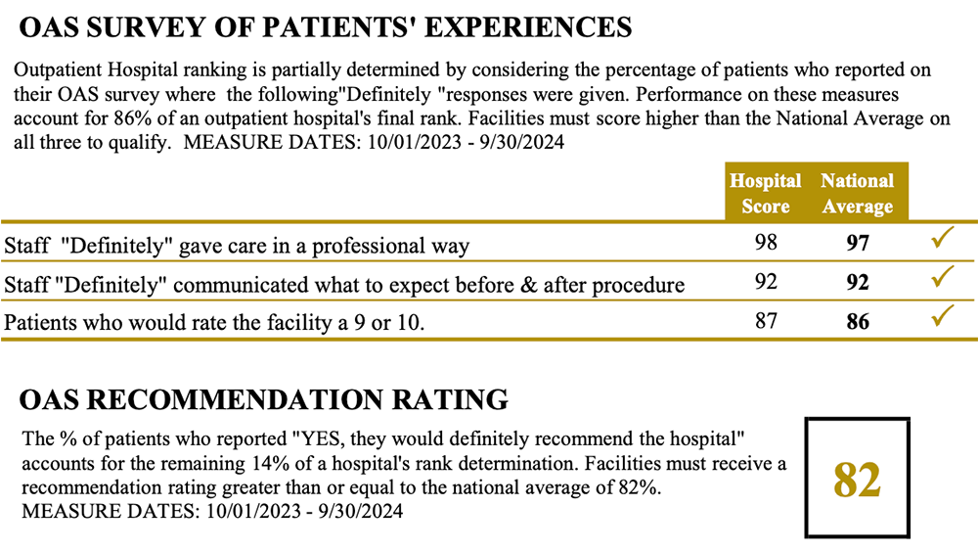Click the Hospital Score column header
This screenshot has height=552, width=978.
coord(766,193)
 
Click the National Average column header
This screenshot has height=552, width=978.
coord(857,193)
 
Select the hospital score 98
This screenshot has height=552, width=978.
coord(767,243)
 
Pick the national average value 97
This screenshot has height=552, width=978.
coord(858,244)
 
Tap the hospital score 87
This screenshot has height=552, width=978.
coord(767,320)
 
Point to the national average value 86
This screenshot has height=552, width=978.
coord(858,321)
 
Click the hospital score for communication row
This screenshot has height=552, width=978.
coord(767,282)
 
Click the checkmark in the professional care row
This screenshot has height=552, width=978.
coord(942,240)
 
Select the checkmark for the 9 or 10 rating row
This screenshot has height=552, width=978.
coord(942,316)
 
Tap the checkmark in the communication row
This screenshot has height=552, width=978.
coord(942,278)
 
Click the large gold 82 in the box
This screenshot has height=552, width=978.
coord(857,480)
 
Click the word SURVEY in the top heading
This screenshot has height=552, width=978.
coord(146,27)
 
